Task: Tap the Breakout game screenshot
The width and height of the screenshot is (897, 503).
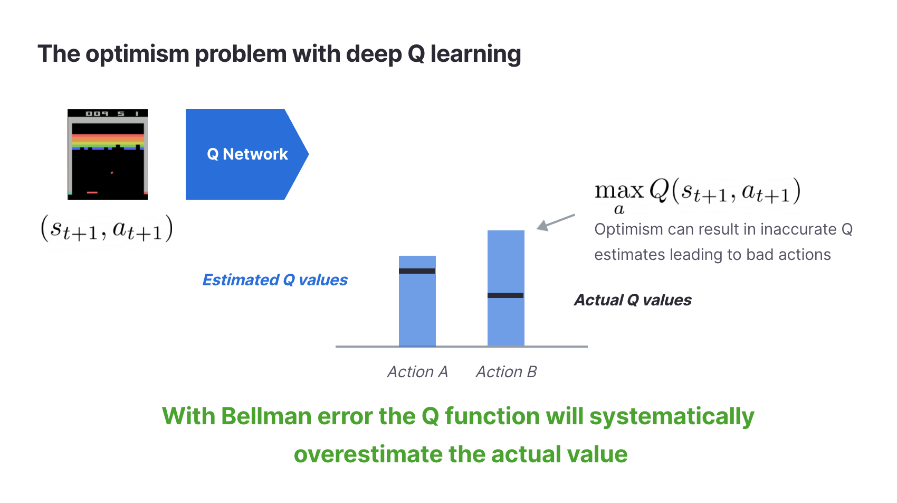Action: point(107,154)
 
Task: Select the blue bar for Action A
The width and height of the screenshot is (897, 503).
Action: point(417,301)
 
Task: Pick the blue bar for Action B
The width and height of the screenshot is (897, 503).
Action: point(506,288)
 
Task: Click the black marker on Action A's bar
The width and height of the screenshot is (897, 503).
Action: point(417,271)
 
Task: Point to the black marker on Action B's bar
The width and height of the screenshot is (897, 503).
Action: point(505,296)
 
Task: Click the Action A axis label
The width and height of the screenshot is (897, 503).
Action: point(417,372)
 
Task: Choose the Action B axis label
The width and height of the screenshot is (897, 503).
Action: point(506,372)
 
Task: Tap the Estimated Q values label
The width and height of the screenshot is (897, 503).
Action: point(275,280)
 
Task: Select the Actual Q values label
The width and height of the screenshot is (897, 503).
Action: point(633,300)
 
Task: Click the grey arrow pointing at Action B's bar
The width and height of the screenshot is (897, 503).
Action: point(556,222)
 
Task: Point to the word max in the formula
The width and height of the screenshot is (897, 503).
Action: point(619,191)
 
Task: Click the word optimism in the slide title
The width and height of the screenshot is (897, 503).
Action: point(137,54)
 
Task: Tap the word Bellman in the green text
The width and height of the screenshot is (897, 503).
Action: point(266,416)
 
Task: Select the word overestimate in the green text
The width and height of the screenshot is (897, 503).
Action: point(368,454)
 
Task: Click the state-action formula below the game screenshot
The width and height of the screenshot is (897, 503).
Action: point(107,229)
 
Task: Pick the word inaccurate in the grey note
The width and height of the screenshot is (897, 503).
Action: point(798,229)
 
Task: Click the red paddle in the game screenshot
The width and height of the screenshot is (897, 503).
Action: point(92,192)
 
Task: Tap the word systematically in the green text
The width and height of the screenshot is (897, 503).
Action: point(672,416)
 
